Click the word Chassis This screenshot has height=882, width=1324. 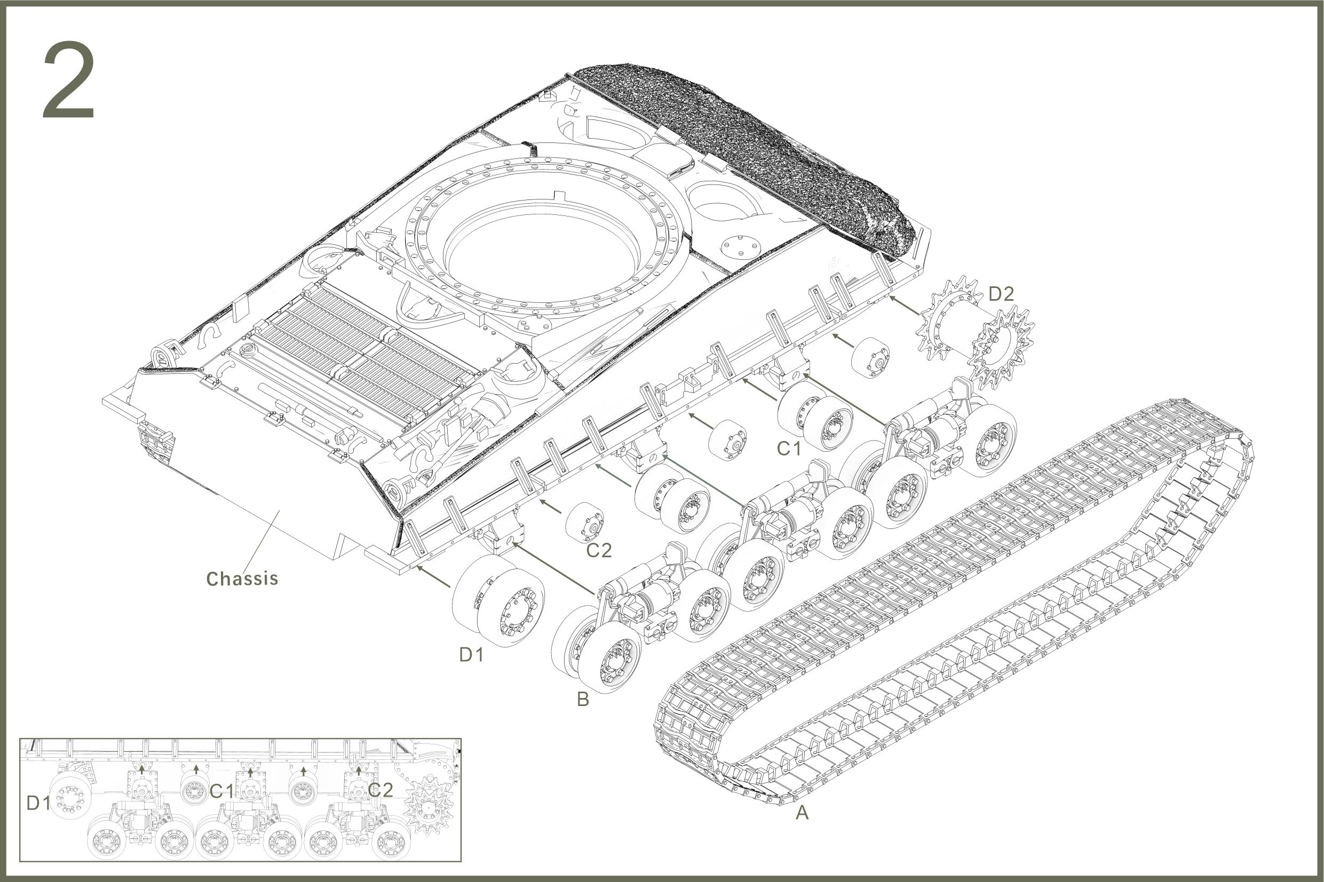[x=242, y=578]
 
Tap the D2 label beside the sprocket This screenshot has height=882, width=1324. [x=1001, y=294]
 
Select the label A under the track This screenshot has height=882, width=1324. [x=802, y=812]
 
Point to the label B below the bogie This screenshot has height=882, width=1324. [x=583, y=699]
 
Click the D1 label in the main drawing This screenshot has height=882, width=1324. [x=471, y=654]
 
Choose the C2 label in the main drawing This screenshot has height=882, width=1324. [x=598, y=550]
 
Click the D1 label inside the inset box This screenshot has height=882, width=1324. [x=38, y=804]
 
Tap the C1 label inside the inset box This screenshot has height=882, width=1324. [x=221, y=791]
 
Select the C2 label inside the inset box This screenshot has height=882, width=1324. [x=380, y=790]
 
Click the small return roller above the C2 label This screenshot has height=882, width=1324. [x=585, y=523]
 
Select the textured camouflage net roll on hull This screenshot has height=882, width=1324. [x=749, y=152]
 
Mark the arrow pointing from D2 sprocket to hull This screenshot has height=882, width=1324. [x=905, y=304]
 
